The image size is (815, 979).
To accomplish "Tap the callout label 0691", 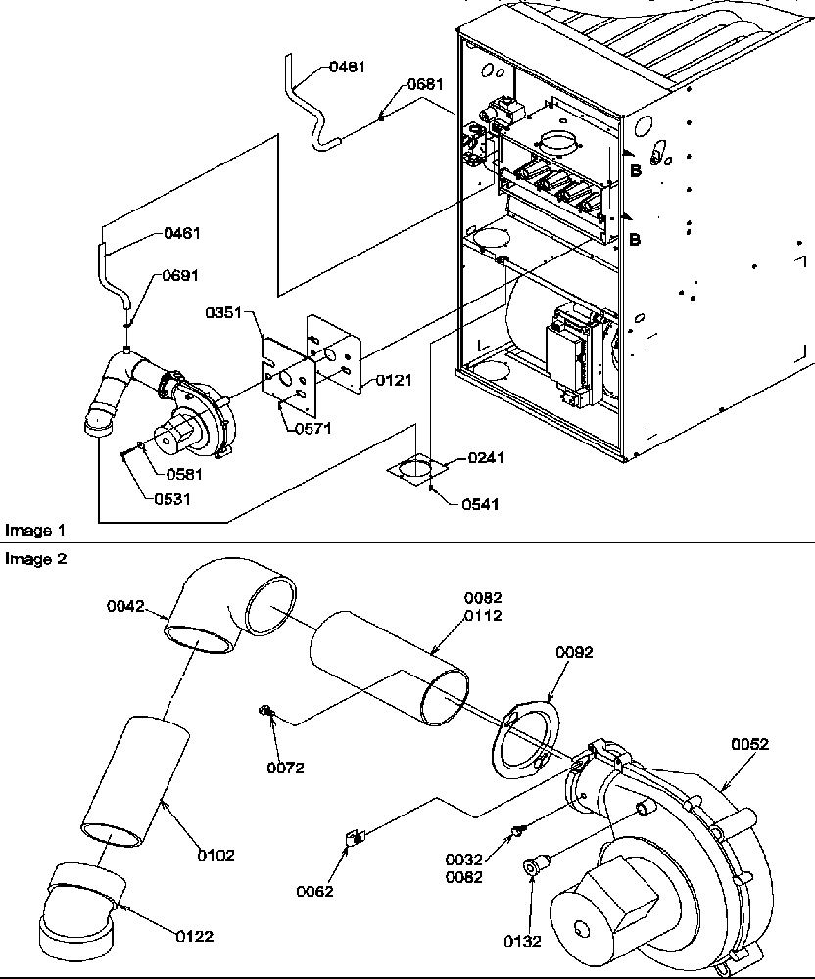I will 180,277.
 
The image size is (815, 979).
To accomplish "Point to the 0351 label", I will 222,313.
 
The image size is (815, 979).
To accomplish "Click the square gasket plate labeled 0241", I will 415,468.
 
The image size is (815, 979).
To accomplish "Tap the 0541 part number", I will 481,504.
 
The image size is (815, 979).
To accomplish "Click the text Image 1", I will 35,530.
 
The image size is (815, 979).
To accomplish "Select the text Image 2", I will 35,559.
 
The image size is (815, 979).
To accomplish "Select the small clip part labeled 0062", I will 356,838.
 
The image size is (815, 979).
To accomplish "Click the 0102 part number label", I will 216,855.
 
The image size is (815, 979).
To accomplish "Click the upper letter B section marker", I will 636,170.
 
